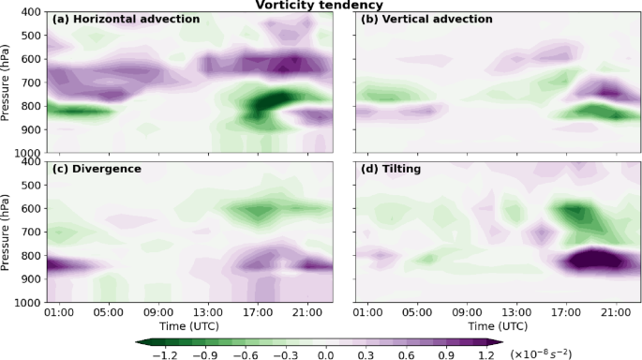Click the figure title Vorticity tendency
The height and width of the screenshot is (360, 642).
(x=321, y=6)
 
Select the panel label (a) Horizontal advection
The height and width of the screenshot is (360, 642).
(x=126, y=20)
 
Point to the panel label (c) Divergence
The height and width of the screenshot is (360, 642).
(x=97, y=169)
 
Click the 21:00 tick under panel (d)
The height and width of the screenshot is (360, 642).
(x=615, y=311)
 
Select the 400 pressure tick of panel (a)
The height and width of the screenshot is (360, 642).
(x=30, y=12)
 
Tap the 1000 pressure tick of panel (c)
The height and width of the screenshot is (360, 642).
(x=27, y=303)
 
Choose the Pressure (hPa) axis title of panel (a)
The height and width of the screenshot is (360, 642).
(x=8, y=82)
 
